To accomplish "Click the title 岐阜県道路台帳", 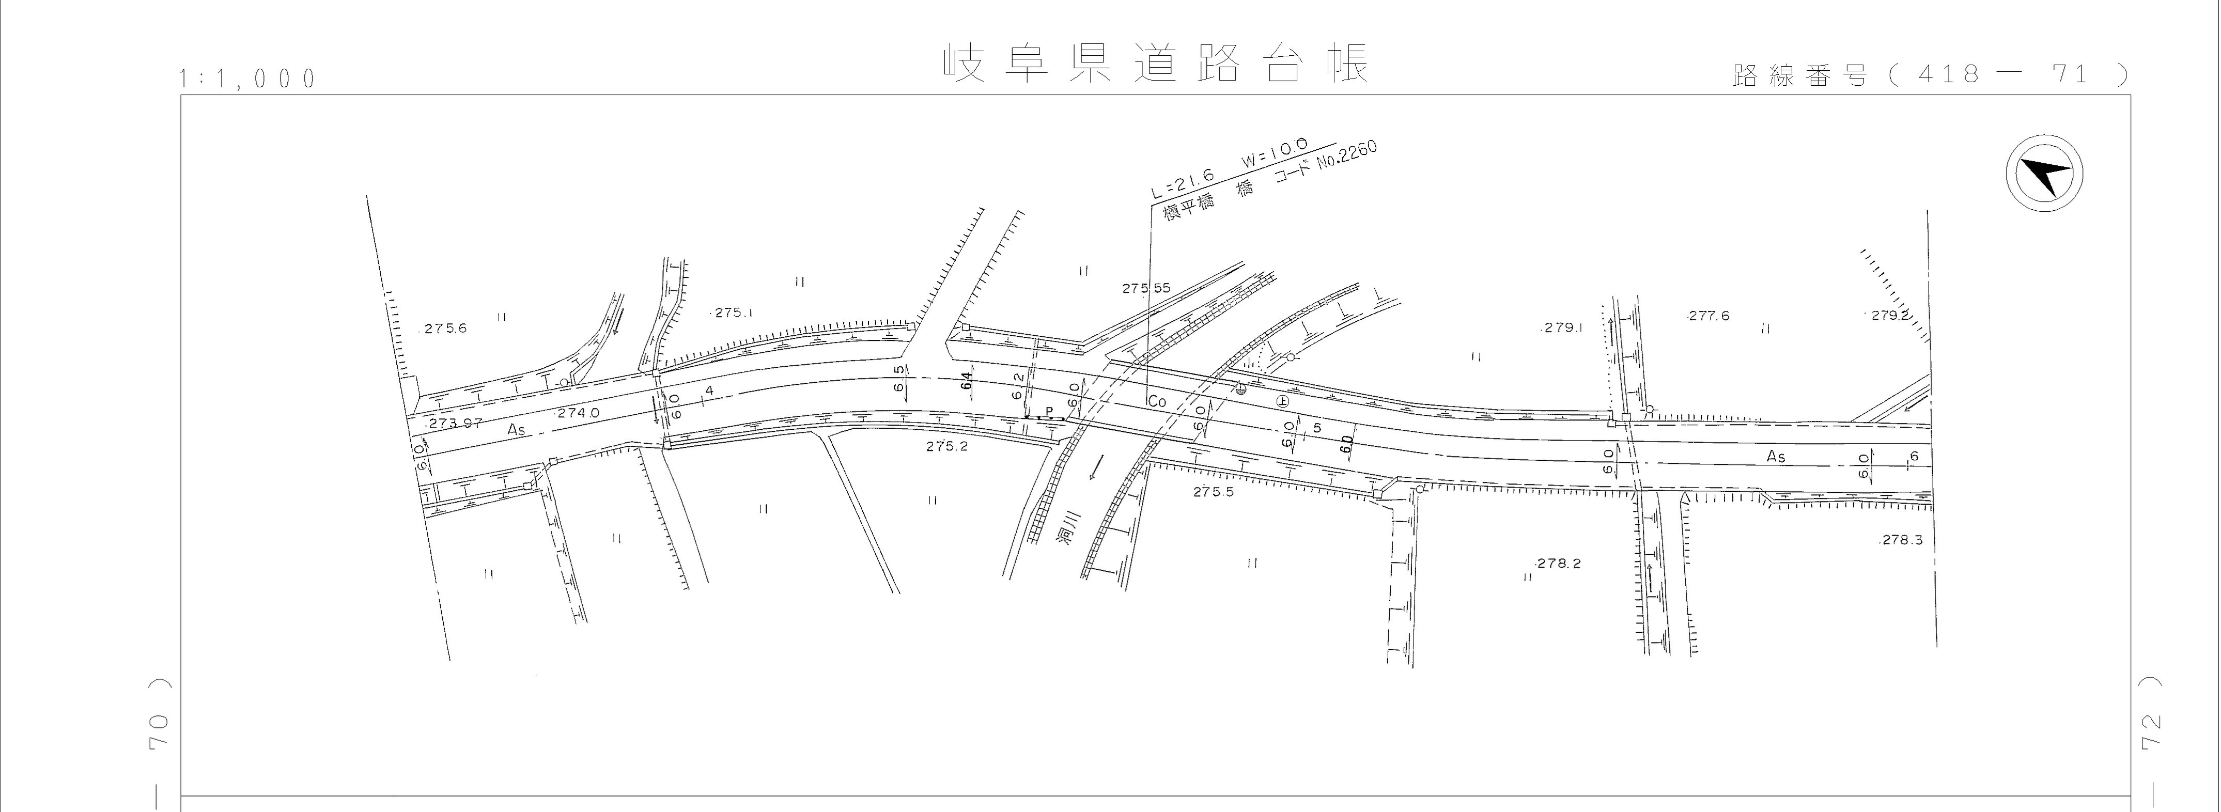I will pos(1155,63).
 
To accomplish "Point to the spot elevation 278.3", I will pos(1901,540).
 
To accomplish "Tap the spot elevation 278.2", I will pos(1559,564).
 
